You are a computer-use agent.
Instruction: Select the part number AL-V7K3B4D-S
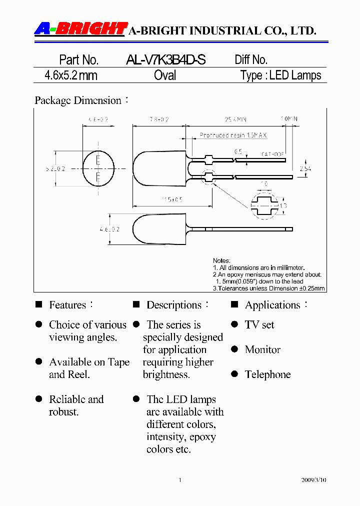coord(165,60)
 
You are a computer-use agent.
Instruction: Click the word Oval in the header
coord(165,75)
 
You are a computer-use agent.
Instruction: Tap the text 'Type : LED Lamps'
coord(280,75)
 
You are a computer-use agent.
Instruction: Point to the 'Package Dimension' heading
coord(78,100)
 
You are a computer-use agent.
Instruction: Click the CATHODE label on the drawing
coord(273,154)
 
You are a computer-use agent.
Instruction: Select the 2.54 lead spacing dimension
coord(304,168)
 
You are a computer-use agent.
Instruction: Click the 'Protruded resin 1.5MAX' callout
coord(233,135)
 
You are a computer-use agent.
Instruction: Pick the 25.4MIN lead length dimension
coord(235,120)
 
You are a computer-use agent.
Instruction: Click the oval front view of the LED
coord(98,168)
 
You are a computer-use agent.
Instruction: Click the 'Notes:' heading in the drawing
coord(221,261)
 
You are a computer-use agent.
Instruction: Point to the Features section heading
coord(67,305)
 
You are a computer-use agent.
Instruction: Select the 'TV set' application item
coord(259,325)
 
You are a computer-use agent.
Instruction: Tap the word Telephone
coord(267,374)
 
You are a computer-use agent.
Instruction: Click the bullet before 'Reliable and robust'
coord(38,399)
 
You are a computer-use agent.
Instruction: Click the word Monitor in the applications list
coord(262,349)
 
